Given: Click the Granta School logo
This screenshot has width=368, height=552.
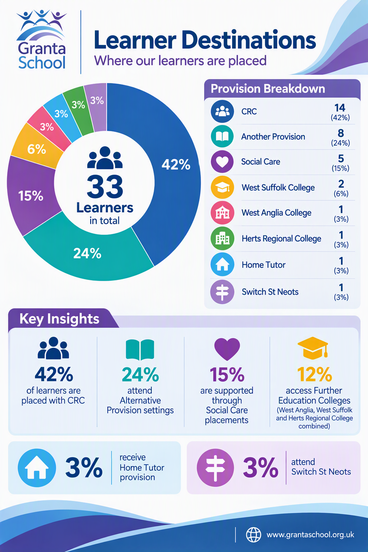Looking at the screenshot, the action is point(41,40).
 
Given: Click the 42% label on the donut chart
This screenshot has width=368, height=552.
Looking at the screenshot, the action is point(176,164).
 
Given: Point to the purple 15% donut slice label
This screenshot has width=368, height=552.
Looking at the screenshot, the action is point(31,196).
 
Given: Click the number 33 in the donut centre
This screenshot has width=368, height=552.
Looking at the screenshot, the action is point(105,186).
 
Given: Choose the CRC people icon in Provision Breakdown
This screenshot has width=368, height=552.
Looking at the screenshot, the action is point(222,111).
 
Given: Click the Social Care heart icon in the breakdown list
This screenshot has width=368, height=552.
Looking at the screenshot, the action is point(222,162).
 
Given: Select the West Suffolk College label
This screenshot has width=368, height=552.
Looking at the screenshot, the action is point(278,188).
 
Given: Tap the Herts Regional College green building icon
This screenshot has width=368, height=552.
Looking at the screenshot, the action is point(222,238).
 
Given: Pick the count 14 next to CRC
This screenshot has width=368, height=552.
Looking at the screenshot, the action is point(340,108).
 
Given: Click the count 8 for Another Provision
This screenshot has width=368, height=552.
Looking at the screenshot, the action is point(341,133).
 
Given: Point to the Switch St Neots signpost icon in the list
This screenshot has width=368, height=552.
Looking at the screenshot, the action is point(222,292).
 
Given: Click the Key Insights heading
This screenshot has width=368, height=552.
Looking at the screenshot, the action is point(59,319).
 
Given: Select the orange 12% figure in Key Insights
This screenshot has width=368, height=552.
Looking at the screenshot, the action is point(314,374).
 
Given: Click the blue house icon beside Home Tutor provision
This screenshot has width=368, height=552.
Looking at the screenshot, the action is point(37,468).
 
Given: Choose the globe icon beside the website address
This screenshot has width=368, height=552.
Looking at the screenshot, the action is point(254,535).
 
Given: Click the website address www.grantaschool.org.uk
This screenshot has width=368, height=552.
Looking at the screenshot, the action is point(310,535).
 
